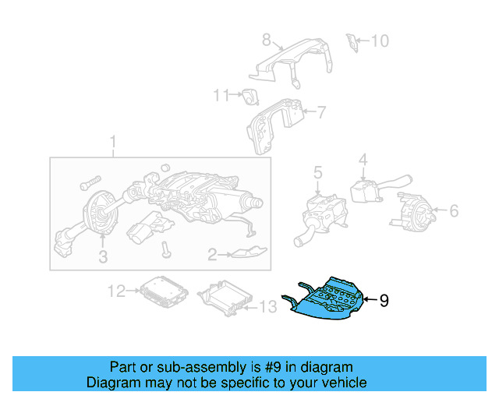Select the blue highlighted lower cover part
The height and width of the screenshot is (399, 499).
coord(327,300)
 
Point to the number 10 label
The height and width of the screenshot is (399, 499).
coord(378,40)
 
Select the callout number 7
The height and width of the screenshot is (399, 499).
coord(320,113)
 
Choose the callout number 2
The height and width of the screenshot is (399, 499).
coord(211,254)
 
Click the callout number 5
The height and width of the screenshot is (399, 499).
coord(317,171)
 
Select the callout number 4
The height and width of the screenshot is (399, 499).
coord(363,161)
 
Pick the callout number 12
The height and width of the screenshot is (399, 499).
coord(116,291)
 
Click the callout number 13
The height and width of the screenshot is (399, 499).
coord(267,308)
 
